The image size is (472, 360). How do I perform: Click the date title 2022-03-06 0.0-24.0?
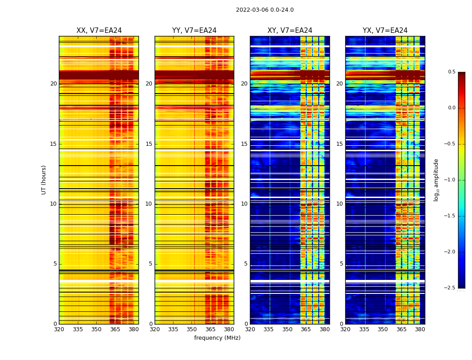coord(265,10)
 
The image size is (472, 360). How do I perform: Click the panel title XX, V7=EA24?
coord(99,31)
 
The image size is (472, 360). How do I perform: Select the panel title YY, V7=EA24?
coord(194,31)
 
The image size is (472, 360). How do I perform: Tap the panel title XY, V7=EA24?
coord(289,31)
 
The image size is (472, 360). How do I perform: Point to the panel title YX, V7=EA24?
coord(385,31)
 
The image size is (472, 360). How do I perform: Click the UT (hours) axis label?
coord(44,180)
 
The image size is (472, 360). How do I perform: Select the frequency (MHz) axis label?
coord(217,338)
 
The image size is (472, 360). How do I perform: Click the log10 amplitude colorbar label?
coord(436,180)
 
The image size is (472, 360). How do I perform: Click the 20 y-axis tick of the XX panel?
coord(53,84)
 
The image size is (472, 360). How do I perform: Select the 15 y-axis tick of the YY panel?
coord(149,144)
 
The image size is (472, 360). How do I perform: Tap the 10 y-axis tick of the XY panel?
coord(244,204)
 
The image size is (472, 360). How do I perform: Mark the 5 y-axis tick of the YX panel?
coord(341,264)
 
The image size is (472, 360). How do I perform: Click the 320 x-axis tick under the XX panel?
coord(59,329)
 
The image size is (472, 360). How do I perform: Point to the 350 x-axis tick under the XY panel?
coord(287,329)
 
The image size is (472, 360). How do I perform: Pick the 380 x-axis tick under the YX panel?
coord(420,329)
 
